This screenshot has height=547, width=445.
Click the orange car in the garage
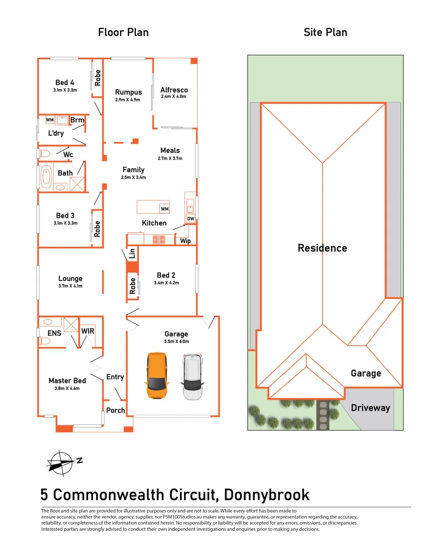pyautogui.click(x=157, y=376)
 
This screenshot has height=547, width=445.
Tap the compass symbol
pyautogui.click(x=61, y=462)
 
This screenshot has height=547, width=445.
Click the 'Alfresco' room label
pyautogui.click(x=174, y=90)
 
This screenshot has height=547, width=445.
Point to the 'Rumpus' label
pyautogui.click(x=128, y=92)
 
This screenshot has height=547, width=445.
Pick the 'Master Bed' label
pyautogui.click(x=67, y=381)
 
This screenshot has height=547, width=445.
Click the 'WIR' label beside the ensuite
pyautogui.click(x=88, y=331)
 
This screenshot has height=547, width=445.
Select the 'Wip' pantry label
pyautogui.click(x=186, y=241)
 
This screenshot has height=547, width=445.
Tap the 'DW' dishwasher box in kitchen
pyautogui.click(x=191, y=219)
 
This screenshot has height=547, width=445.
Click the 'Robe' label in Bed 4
pyautogui.click(x=97, y=77)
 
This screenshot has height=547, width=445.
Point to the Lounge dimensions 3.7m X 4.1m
pyautogui.click(x=70, y=286)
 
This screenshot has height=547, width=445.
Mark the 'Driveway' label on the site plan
pyautogui.click(x=370, y=408)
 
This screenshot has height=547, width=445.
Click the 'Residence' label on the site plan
pyautogui.click(x=322, y=248)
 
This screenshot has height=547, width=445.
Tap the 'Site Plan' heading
pyautogui.click(x=325, y=32)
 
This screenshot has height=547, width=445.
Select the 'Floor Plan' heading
pyautogui.click(x=123, y=32)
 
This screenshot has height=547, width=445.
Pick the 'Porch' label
pyautogui.click(x=116, y=410)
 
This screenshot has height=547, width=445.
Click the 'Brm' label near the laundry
pyautogui.click(x=77, y=120)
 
